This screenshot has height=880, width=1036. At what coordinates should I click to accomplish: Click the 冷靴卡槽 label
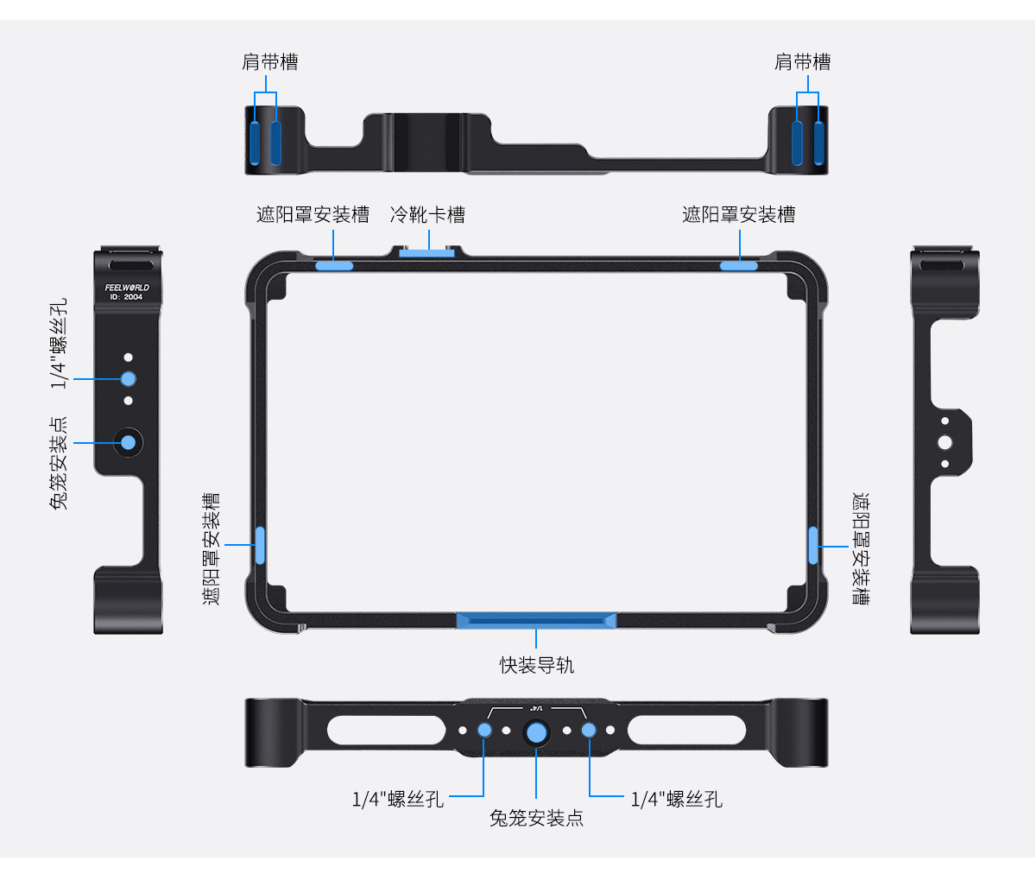427,215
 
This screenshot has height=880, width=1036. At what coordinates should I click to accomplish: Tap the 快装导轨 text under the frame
537,665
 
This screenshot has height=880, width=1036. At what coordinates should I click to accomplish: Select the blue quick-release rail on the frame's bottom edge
536,621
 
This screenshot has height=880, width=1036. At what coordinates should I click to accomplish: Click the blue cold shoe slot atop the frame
426,253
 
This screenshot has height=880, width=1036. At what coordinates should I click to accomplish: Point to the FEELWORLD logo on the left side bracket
127,288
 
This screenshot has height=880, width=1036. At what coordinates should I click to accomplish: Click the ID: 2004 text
126,297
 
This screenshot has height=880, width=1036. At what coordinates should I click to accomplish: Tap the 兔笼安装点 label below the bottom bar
536,818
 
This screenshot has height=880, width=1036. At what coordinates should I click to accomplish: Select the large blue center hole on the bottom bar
536,732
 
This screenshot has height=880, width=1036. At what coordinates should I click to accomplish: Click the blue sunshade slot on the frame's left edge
260,545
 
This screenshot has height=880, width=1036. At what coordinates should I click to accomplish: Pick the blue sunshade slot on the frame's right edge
813,545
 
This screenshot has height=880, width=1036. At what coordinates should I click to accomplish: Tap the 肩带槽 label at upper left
270,62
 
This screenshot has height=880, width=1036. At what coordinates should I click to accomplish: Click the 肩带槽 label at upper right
802,62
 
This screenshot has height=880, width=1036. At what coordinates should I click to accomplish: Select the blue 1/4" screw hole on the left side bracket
129,379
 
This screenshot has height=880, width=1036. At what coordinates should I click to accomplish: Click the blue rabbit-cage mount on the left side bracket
129,443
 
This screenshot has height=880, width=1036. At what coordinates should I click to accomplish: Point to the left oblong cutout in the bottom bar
386,730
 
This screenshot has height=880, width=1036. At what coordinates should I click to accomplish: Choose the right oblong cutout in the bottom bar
686,730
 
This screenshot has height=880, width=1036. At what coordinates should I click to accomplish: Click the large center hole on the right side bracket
944,443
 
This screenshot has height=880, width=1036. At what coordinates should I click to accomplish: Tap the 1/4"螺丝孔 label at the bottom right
677,800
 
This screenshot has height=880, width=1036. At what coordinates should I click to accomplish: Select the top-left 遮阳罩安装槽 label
313,215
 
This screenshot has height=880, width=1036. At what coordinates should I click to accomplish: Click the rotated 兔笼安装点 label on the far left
59,463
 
